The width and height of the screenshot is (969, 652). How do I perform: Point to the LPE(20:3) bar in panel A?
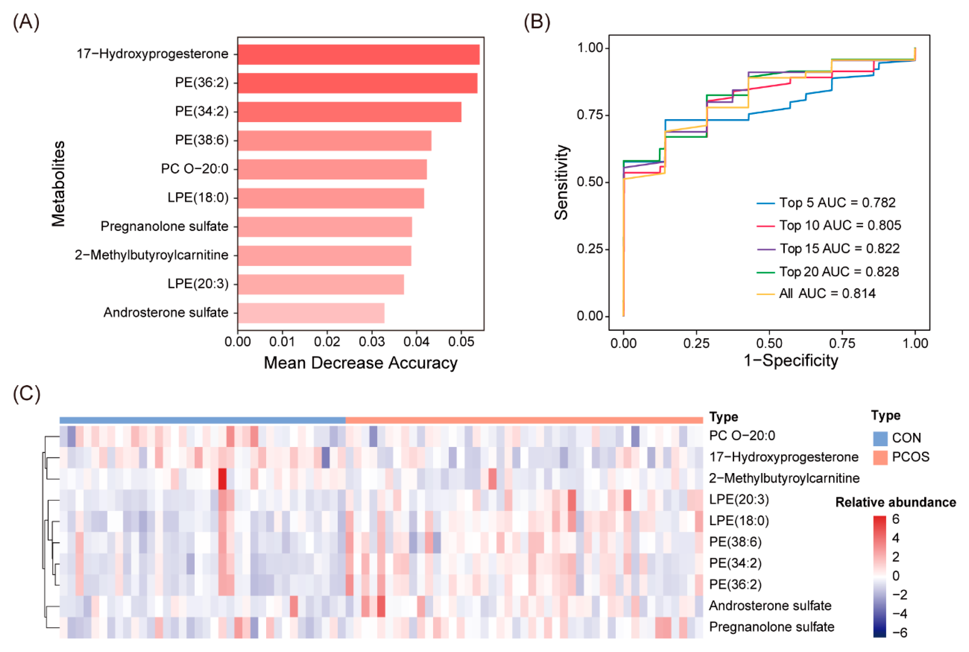tap(321, 284)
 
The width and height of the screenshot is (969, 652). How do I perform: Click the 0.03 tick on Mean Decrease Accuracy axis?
tap(372, 342)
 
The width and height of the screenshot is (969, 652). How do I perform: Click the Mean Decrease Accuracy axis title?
tap(360, 363)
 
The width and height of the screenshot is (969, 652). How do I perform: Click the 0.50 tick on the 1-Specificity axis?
tap(769, 343)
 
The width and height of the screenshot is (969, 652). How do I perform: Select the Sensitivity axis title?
tap(561, 182)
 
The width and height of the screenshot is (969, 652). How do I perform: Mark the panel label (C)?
tap(26, 394)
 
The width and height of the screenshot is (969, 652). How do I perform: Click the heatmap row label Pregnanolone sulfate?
tap(771, 627)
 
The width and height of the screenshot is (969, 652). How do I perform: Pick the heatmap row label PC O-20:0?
tap(742, 435)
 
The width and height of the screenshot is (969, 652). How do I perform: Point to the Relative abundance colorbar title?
tap(895, 502)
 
